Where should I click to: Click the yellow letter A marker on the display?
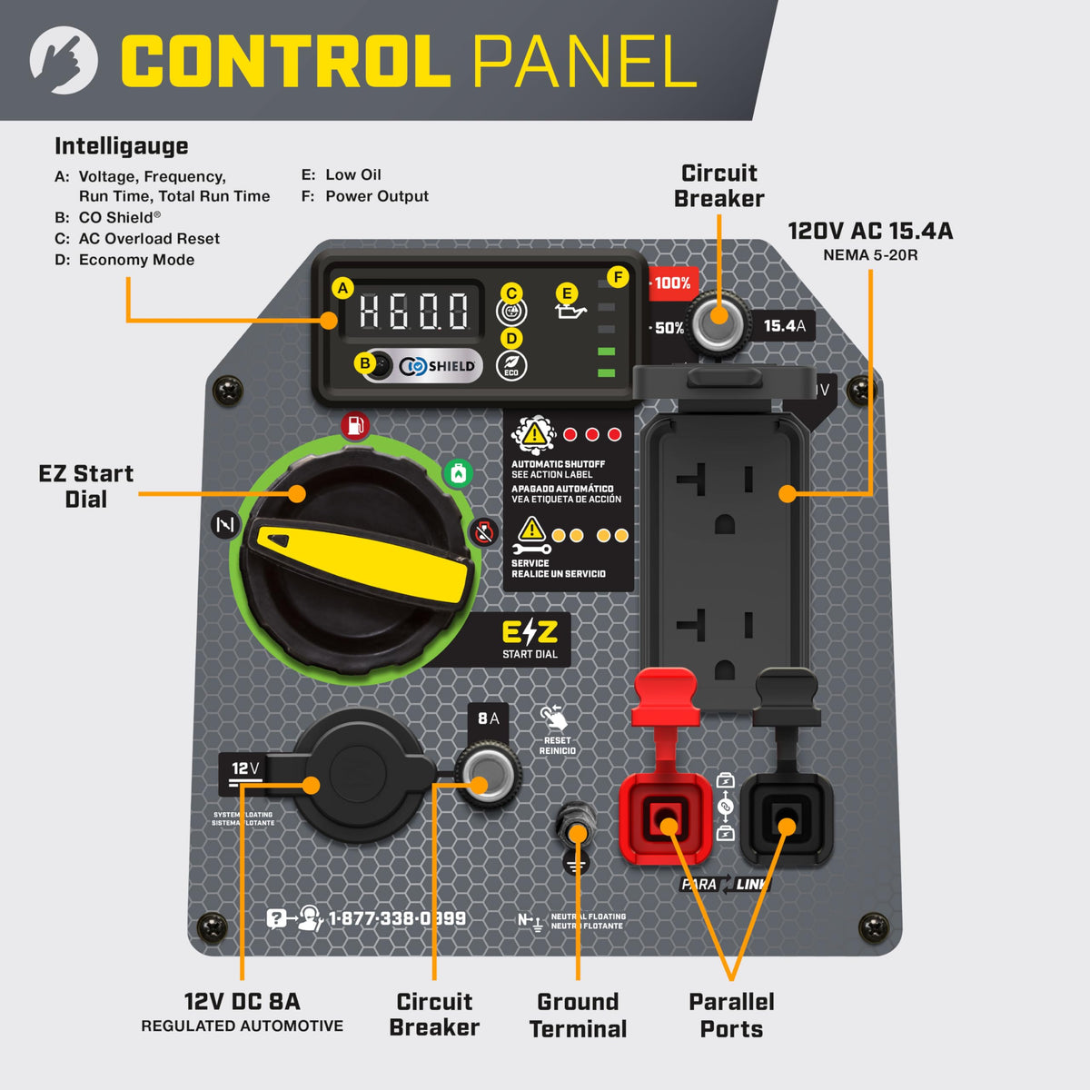[x=342, y=289]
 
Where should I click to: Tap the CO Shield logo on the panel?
[x=438, y=366]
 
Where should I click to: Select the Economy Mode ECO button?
[x=511, y=365]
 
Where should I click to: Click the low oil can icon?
[x=570, y=312]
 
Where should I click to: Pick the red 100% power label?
[x=671, y=283]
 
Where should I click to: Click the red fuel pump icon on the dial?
[x=354, y=425]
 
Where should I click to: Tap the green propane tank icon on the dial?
[x=458, y=473]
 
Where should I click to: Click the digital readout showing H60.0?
[x=413, y=312]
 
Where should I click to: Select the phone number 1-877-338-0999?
[x=397, y=918]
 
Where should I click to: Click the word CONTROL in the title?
[x=285, y=63]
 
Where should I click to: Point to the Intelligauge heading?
[x=122, y=146]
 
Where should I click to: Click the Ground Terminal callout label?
[x=578, y=1016]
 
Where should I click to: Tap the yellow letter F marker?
[x=619, y=277]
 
